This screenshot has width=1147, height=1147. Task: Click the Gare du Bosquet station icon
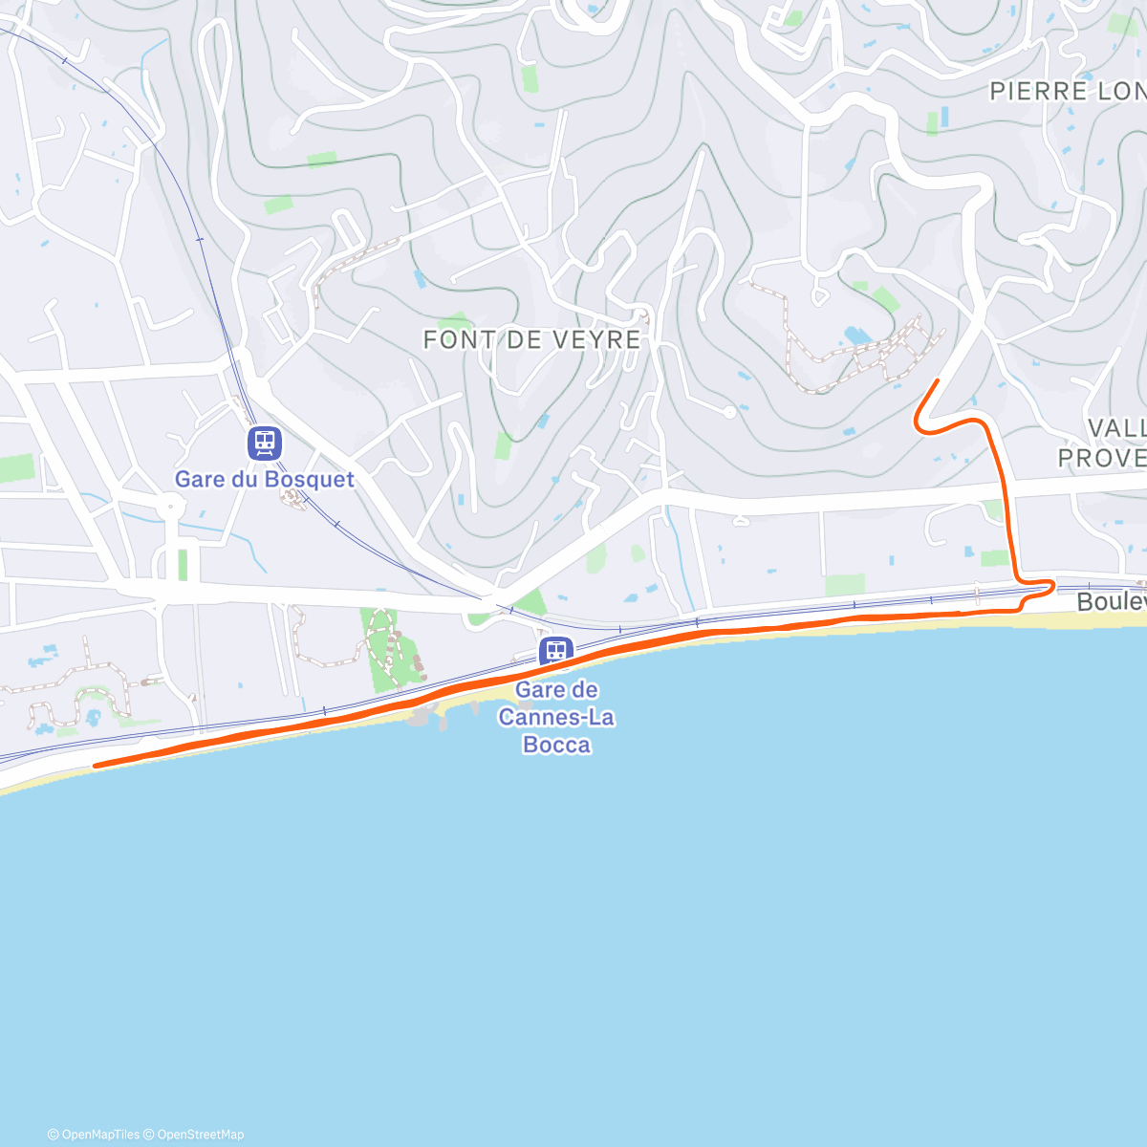coord(264,443)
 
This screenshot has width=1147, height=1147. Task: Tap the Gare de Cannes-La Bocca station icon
coord(556,652)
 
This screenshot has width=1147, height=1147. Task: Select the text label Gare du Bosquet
coord(264,479)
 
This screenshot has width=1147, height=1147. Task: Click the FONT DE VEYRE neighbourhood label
coord(532,339)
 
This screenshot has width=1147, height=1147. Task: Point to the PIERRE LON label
coord(1067,92)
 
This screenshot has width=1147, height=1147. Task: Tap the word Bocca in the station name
coord(556,745)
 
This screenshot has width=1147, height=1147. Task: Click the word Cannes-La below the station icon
coord(556,717)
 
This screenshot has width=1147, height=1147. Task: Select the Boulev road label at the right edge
coord(1111,601)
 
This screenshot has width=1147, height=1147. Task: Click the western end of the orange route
coord(96,766)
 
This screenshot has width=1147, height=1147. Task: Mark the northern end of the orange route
coord(936,381)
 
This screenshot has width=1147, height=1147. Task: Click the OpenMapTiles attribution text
coord(94,1135)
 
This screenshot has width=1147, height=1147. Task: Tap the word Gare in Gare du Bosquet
coord(198,479)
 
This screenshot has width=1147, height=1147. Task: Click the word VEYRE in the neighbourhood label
coord(601,339)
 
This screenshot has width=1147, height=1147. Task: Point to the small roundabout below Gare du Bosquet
coord(170,504)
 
